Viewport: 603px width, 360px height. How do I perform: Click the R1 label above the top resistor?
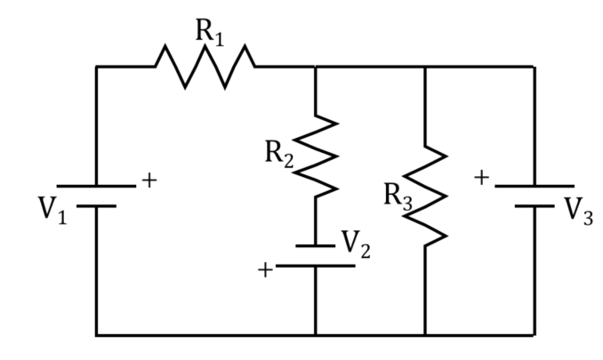210,32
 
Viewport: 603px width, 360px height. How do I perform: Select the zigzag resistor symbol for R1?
205,67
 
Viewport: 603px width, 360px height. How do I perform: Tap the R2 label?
279,154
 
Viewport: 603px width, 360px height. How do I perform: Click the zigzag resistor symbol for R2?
316,156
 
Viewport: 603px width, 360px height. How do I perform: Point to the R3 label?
398,196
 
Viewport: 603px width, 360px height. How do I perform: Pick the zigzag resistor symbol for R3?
425,196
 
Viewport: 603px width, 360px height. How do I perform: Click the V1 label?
52,210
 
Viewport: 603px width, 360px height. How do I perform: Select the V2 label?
356,244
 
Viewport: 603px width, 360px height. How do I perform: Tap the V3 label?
579,211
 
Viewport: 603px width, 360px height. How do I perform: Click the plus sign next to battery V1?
149,180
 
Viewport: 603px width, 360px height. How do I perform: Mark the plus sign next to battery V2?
265,269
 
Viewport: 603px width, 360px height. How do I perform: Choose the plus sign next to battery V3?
481,178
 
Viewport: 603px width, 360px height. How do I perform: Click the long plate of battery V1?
96,187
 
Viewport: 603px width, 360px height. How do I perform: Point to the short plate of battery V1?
96,206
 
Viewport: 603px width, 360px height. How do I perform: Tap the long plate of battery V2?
316,266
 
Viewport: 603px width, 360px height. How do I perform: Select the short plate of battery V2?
316,246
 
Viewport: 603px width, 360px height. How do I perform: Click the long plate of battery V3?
535,187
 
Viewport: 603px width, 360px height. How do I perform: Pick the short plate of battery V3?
535,206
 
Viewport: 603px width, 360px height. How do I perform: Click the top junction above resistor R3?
425,67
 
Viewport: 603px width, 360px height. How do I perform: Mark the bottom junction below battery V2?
316,335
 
